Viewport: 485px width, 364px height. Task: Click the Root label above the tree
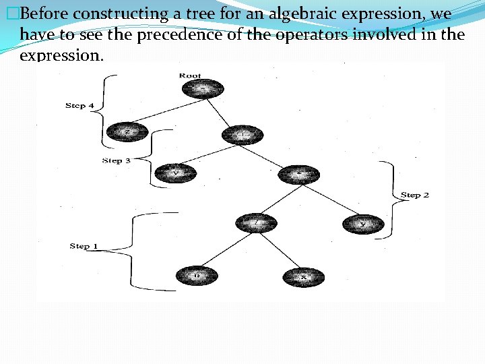190,75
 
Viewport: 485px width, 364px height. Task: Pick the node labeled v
176,174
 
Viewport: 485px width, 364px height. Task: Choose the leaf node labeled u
196,276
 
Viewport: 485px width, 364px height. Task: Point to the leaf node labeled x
303,277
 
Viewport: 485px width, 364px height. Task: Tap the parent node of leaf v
243,135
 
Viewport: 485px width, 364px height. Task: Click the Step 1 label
84,246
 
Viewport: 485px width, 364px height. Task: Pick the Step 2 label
415,195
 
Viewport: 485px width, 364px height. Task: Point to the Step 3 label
116,160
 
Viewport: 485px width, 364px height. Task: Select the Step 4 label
79,106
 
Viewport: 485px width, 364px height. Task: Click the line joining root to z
165,111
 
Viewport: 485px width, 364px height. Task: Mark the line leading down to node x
280,251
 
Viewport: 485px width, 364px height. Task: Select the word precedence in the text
179,34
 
